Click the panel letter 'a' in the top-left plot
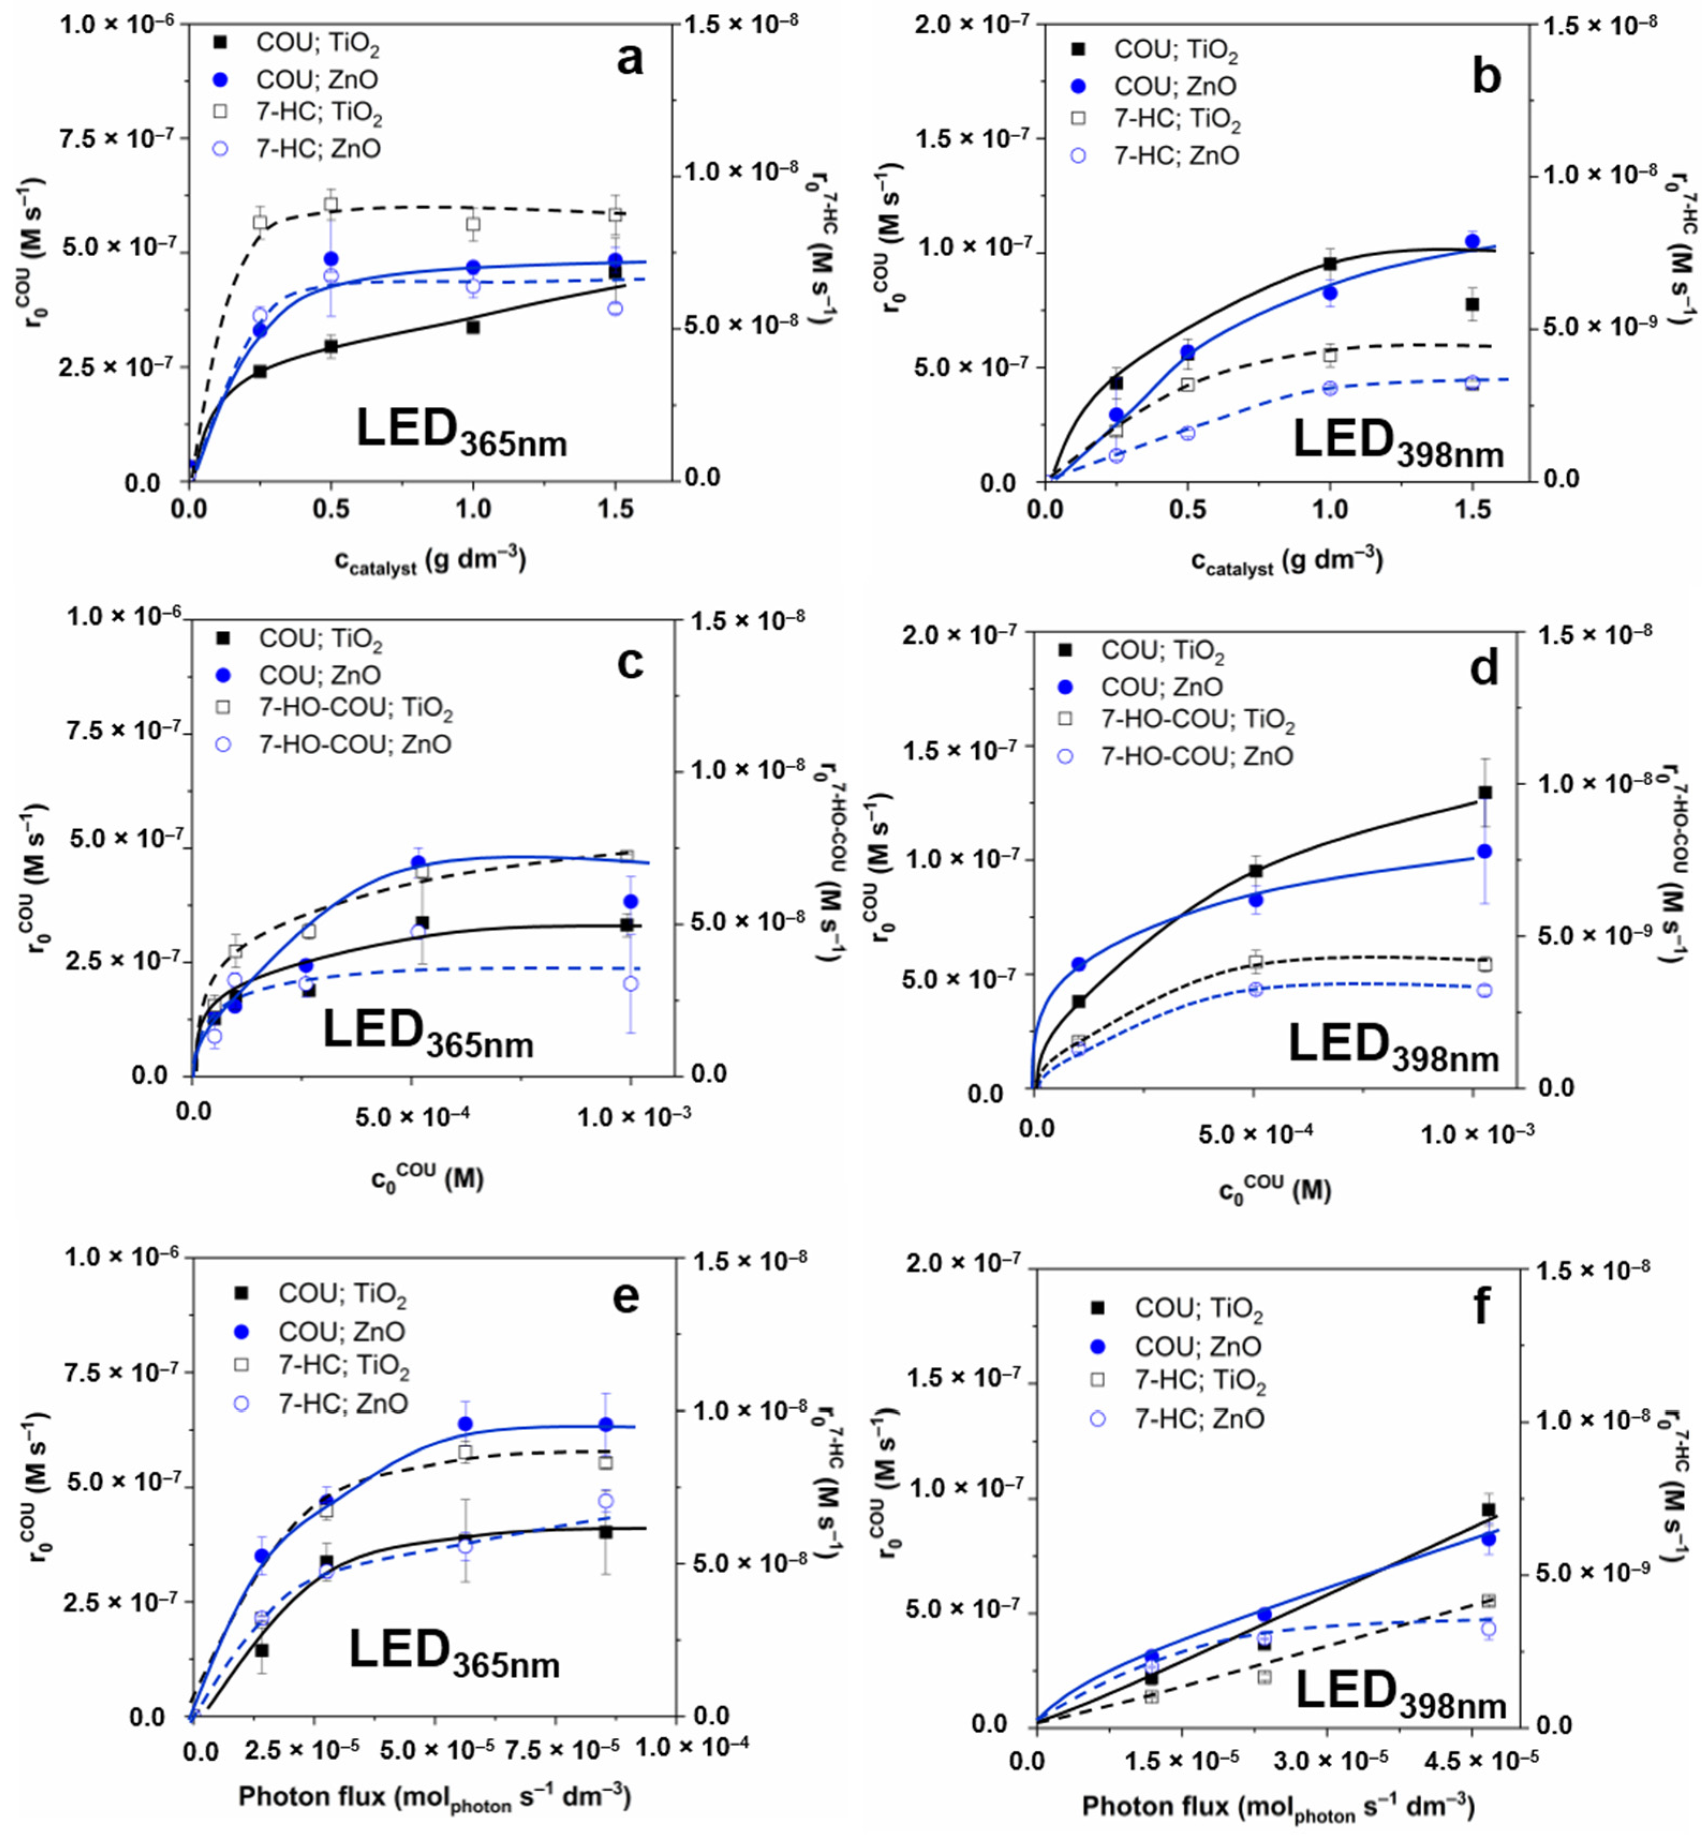point(629,61)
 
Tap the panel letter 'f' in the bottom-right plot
point(1482,1308)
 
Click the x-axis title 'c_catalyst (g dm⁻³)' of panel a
point(430,561)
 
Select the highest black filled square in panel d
point(1486,793)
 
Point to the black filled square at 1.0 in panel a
point(473,327)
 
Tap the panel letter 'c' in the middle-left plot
point(629,664)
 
